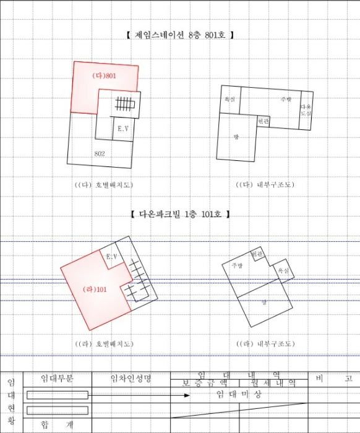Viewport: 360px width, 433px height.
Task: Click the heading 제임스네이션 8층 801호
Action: click(x=179, y=35)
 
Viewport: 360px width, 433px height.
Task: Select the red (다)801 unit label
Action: click(x=104, y=76)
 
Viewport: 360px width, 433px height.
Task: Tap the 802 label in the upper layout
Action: click(x=100, y=153)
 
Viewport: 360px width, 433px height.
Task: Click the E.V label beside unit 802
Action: click(x=122, y=129)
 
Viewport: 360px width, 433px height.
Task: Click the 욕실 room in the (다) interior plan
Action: click(x=229, y=99)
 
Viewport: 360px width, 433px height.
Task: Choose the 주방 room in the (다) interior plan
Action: click(x=285, y=99)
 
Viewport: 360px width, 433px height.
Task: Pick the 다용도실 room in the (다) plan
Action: click(x=306, y=110)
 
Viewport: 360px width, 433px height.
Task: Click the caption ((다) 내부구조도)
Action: click(x=265, y=185)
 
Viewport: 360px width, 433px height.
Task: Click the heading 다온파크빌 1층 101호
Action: click(x=180, y=214)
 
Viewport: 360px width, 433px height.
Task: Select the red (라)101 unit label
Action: click(x=95, y=289)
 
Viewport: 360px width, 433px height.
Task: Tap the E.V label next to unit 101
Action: click(x=111, y=256)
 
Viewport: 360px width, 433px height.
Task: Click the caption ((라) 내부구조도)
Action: click(x=265, y=344)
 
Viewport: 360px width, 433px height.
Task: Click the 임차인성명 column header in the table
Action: click(x=131, y=378)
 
